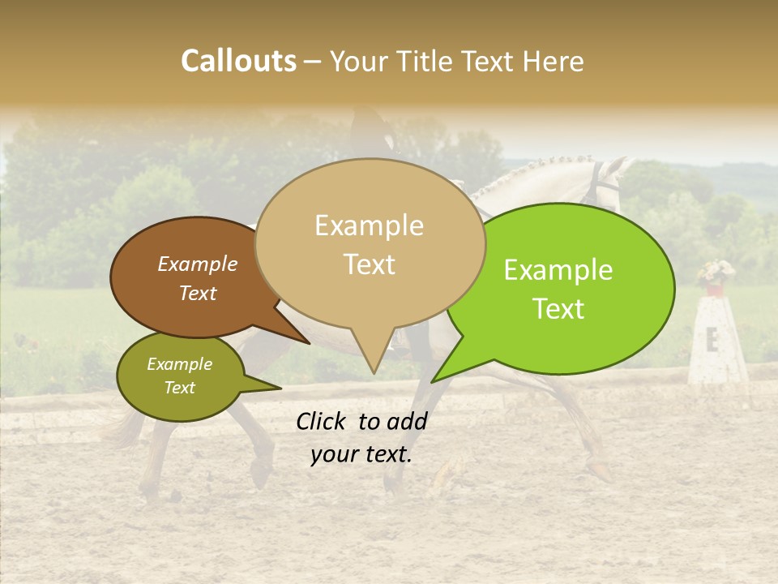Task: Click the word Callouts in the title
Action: pyautogui.click(x=238, y=61)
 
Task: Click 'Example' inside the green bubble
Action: pyautogui.click(x=558, y=270)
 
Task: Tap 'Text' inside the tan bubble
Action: pyautogui.click(x=370, y=264)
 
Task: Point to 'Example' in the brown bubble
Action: pyautogui.click(x=197, y=264)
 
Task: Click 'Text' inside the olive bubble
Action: pyautogui.click(x=179, y=388)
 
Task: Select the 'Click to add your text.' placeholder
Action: pyautogui.click(x=361, y=438)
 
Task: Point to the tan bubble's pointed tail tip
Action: pyautogui.click(x=374, y=372)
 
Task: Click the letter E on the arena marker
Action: pyautogui.click(x=712, y=340)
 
